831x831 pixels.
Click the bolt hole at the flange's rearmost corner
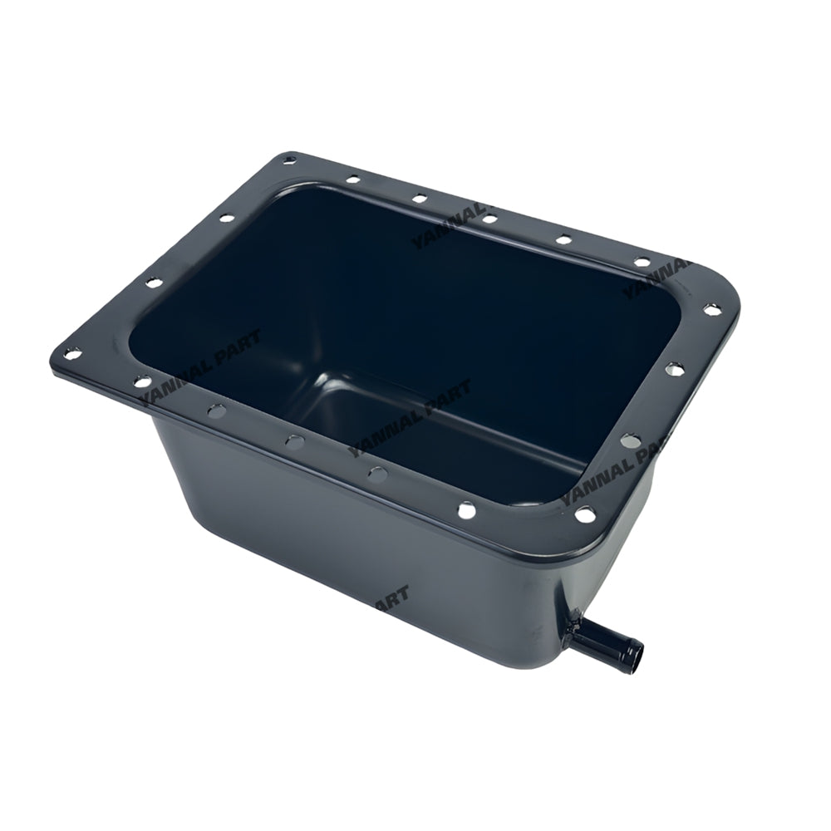[x=289, y=158]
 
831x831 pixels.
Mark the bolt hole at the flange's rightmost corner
[x=711, y=308]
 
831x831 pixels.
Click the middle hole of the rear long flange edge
[x=490, y=218]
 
